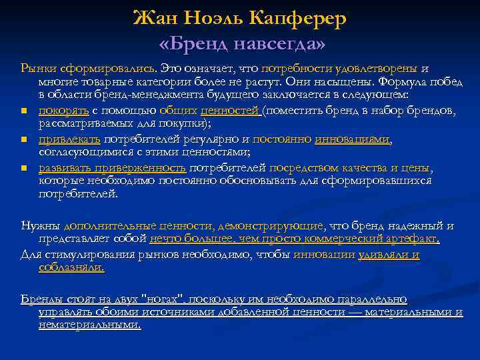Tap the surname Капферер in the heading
(x=307, y=19)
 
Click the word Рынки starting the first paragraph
(x=39, y=68)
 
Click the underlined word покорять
(x=58, y=110)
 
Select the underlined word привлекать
(x=69, y=139)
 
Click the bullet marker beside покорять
(x=24, y=111)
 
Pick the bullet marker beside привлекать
(x=24, y=139)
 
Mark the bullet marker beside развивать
(x=24, y=168)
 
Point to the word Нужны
(x=41, y=225)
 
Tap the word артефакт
(x=414, y=238)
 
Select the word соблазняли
(x=71, y=267)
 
